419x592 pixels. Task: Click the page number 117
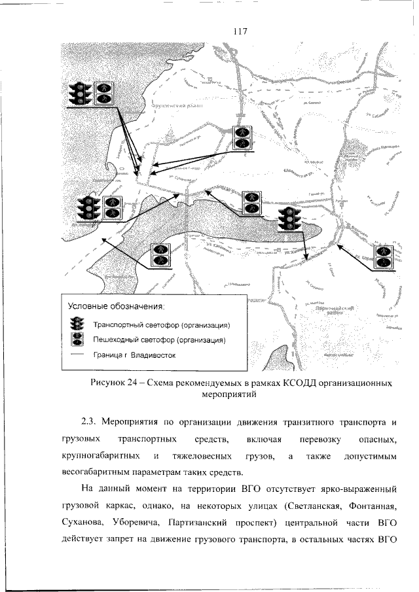tap(238, 30)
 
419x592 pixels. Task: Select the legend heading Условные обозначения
tap(116, 305)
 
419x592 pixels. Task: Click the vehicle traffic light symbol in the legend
tap(79, 324)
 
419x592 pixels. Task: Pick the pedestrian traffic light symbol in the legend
tap(79, 340)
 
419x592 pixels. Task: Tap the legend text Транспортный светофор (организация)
tap(160, 324)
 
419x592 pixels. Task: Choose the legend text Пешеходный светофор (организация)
tap(159, 340)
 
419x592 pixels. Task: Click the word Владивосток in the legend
tap(152, 355)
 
